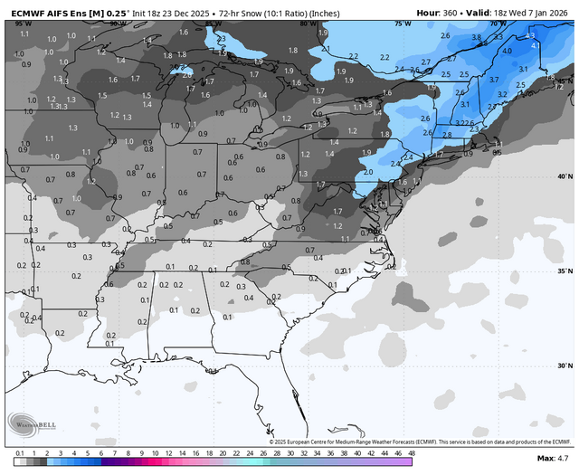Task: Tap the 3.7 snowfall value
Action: click(494, 80)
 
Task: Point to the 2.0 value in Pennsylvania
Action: click(367, 171)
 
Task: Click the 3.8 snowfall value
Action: click(476, 37)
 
